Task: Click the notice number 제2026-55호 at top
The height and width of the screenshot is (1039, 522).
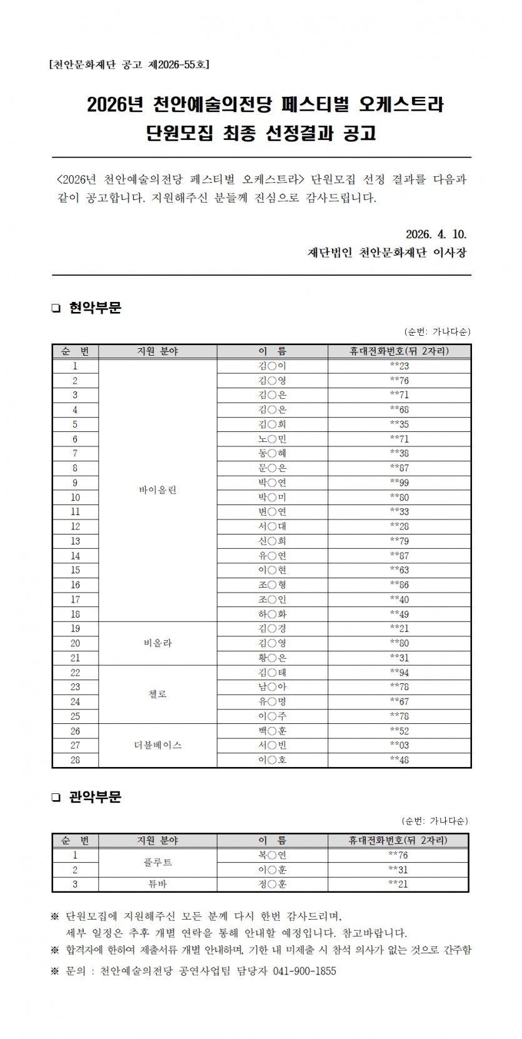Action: [179, 64]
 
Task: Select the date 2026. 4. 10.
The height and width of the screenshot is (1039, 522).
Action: [436, 234]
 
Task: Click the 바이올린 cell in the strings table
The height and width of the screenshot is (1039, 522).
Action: [158, 490]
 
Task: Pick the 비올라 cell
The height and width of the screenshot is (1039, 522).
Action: [158, 643]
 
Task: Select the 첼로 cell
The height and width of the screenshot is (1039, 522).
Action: [158, 694]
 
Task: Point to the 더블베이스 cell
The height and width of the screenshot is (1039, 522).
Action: [158, 745]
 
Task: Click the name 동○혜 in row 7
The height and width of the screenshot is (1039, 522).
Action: [272, 453]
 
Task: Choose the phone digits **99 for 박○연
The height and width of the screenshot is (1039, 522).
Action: [399, 483]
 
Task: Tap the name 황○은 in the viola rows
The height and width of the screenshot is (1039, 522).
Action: [272, 658]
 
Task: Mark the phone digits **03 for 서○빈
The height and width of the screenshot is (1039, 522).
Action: [399, 745]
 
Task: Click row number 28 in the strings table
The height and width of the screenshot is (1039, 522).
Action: [75, 760]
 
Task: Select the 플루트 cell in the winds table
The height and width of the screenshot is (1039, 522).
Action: [158, 863]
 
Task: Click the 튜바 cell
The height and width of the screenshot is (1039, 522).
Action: [158, 885]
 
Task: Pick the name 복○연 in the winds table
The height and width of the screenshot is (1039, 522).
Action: [272, 855]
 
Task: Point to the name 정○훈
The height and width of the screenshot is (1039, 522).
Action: [272, 885]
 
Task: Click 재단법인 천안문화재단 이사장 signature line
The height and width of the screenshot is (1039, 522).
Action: [387, 253]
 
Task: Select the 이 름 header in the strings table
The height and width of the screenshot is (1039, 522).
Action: [272, 351]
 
